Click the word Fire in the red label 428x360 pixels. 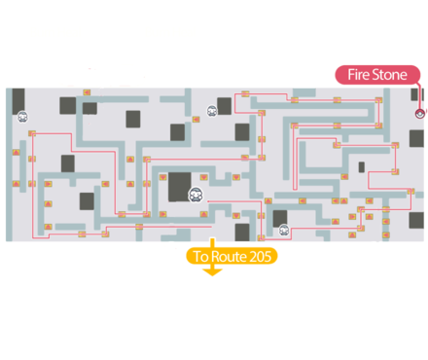[360, 74]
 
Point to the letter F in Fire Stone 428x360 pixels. [351, 74]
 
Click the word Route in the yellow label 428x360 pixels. [231, 257]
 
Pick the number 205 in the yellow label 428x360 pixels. [261, 257]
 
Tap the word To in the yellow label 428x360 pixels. [201, 257]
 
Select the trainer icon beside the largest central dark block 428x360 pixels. [196, 195]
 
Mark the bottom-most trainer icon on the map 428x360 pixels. [283, 231]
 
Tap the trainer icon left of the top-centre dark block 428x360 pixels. [211, 112]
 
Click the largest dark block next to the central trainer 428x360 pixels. [180, 186]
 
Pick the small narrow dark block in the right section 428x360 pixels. [362, 166]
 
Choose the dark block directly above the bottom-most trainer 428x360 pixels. [280, 217]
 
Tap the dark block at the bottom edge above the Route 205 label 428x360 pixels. [242, 232]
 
